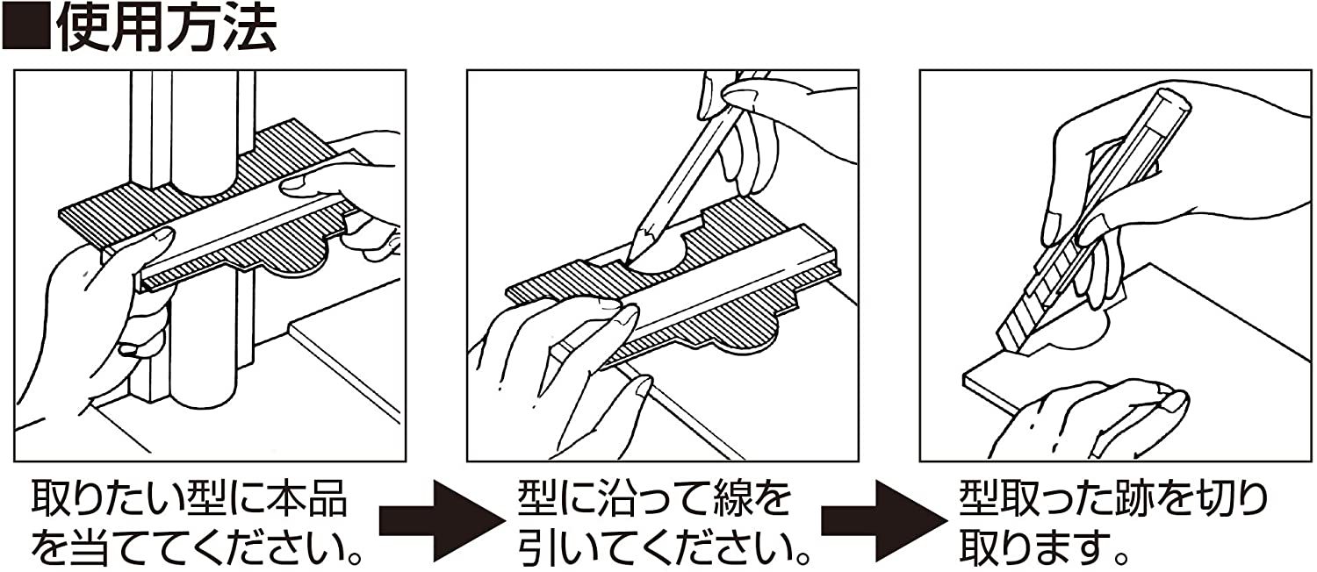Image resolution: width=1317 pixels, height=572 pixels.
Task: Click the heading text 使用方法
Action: [167, 27]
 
